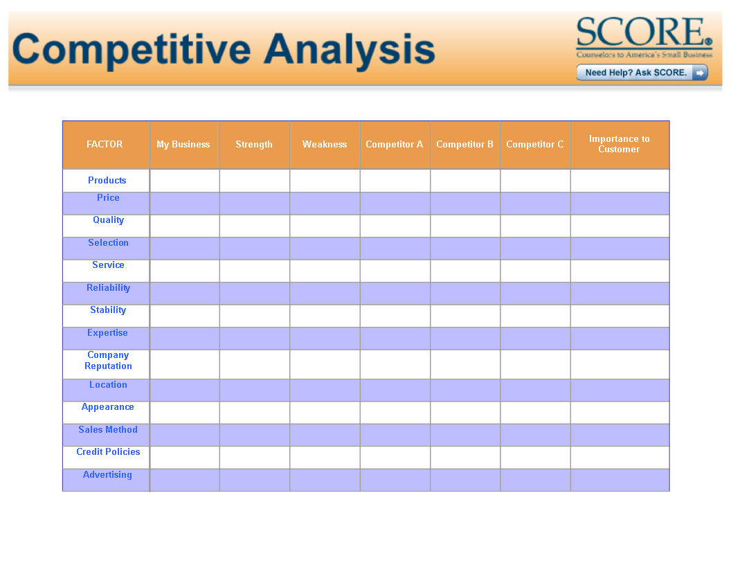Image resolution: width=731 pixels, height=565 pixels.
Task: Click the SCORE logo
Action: pyautogui.click(x=644, y=37)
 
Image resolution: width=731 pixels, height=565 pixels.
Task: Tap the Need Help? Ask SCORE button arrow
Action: pyautogui.click(x=700, y=73)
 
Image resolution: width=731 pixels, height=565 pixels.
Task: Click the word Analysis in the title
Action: pyautogui.click(x=349, y=50)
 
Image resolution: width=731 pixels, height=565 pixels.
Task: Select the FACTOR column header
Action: pyautogui.click(x=105, y=145)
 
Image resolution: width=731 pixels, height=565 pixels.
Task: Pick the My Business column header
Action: pyautogui.click(x=183, y=145)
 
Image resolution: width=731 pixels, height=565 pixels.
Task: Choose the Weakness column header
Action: pyautogui.click(x=325, y=145)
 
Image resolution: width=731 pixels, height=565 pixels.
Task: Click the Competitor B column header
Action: pyautogui.click(x=464, y=145)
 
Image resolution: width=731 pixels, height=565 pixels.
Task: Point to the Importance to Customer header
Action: pyautogui.click(x=619, y=144)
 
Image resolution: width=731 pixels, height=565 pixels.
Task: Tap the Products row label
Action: pyautogui.click(x=107, y=181)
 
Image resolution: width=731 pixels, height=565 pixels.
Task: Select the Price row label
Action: pyautogui.click(x=108, y=197)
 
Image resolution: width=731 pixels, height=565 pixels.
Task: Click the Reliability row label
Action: pyautogui.click(x=108, y=288)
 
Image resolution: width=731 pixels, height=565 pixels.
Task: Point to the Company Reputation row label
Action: pyautogui.click(x=108, y=360)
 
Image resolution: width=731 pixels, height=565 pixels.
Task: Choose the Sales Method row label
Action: pyautogui.click(x=108, y=429)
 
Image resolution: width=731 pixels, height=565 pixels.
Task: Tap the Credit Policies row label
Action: pyautogui.click(x=108, y=451)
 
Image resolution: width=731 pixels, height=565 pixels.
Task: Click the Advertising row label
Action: pyautogui.click(x=107, y=474)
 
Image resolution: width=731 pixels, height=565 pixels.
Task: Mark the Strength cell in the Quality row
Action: pyautogui.click(x=255, y=226)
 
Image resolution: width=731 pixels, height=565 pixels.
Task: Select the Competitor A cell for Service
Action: pyautogui.click(x=395, y=271)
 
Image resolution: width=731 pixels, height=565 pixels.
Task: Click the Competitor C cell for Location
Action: pyautogui.click(x=536, y=391)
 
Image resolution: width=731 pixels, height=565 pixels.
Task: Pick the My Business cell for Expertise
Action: pyautogui.click(x=185, y=339)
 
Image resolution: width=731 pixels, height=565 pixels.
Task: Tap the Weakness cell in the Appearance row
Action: pyautogui.click(x=325, y=413)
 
